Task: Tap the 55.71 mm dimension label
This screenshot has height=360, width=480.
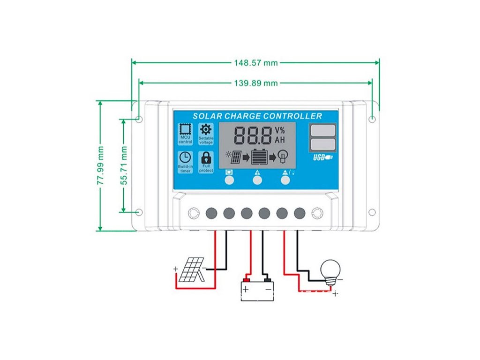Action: (x=124, y=165)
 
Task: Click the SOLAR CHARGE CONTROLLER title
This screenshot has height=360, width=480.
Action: (x=257, y=116)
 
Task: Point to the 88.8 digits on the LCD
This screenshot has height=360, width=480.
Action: (x=253, y=136)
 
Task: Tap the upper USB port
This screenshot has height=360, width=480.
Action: (x=323, y=130)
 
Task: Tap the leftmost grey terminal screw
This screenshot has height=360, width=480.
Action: (x=211, y=213)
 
